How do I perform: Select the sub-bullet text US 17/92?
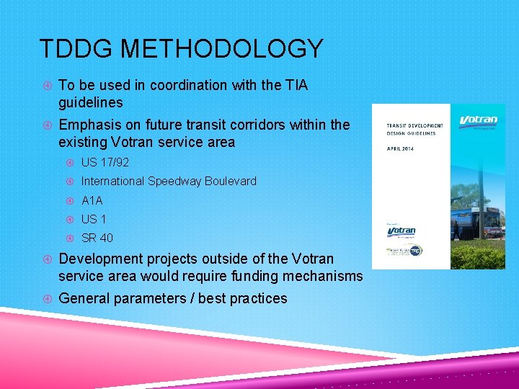[x=105, y=162]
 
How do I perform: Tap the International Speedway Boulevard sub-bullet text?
[x=169, y=182]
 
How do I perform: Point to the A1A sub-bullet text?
[x=92, y=200]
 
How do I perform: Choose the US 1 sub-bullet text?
[x=94, y=219]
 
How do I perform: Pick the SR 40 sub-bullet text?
[x=97, y=238]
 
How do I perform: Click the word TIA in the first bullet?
[x=295, y=86]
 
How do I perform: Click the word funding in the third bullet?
[x=249, y=277]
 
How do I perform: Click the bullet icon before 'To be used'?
[x=47, y=86]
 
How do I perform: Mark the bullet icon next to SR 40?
[x=70, y=238]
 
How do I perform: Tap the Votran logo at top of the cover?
[x=478, y=120]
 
